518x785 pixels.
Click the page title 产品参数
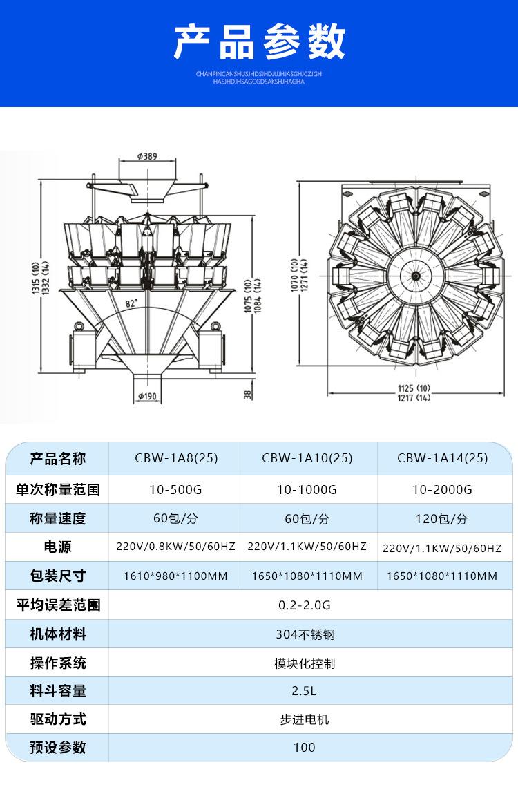point(259,41)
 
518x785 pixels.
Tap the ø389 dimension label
point(147,156)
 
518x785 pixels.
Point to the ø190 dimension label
point(147,397)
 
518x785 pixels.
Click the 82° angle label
point(132,303)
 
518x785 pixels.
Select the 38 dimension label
point(248,395)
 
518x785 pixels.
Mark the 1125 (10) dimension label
point(414,388)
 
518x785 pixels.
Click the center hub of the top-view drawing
point(415,276)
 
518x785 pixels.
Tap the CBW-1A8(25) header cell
point(176,458)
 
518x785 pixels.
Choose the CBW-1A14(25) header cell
point(443,458)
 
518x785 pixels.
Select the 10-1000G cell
point(307,490)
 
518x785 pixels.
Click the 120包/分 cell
point(441,519)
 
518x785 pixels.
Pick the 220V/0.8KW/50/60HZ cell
point(175,546)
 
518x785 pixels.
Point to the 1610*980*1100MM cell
point(175,576)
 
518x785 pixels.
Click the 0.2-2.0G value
point(305,605)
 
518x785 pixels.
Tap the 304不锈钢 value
point(305,634)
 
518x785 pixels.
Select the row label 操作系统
point(58,663)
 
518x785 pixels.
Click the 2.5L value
point(304,691)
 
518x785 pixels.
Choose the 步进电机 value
point(305,719)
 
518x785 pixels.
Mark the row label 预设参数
point(58,748)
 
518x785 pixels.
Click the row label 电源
point(57,547)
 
